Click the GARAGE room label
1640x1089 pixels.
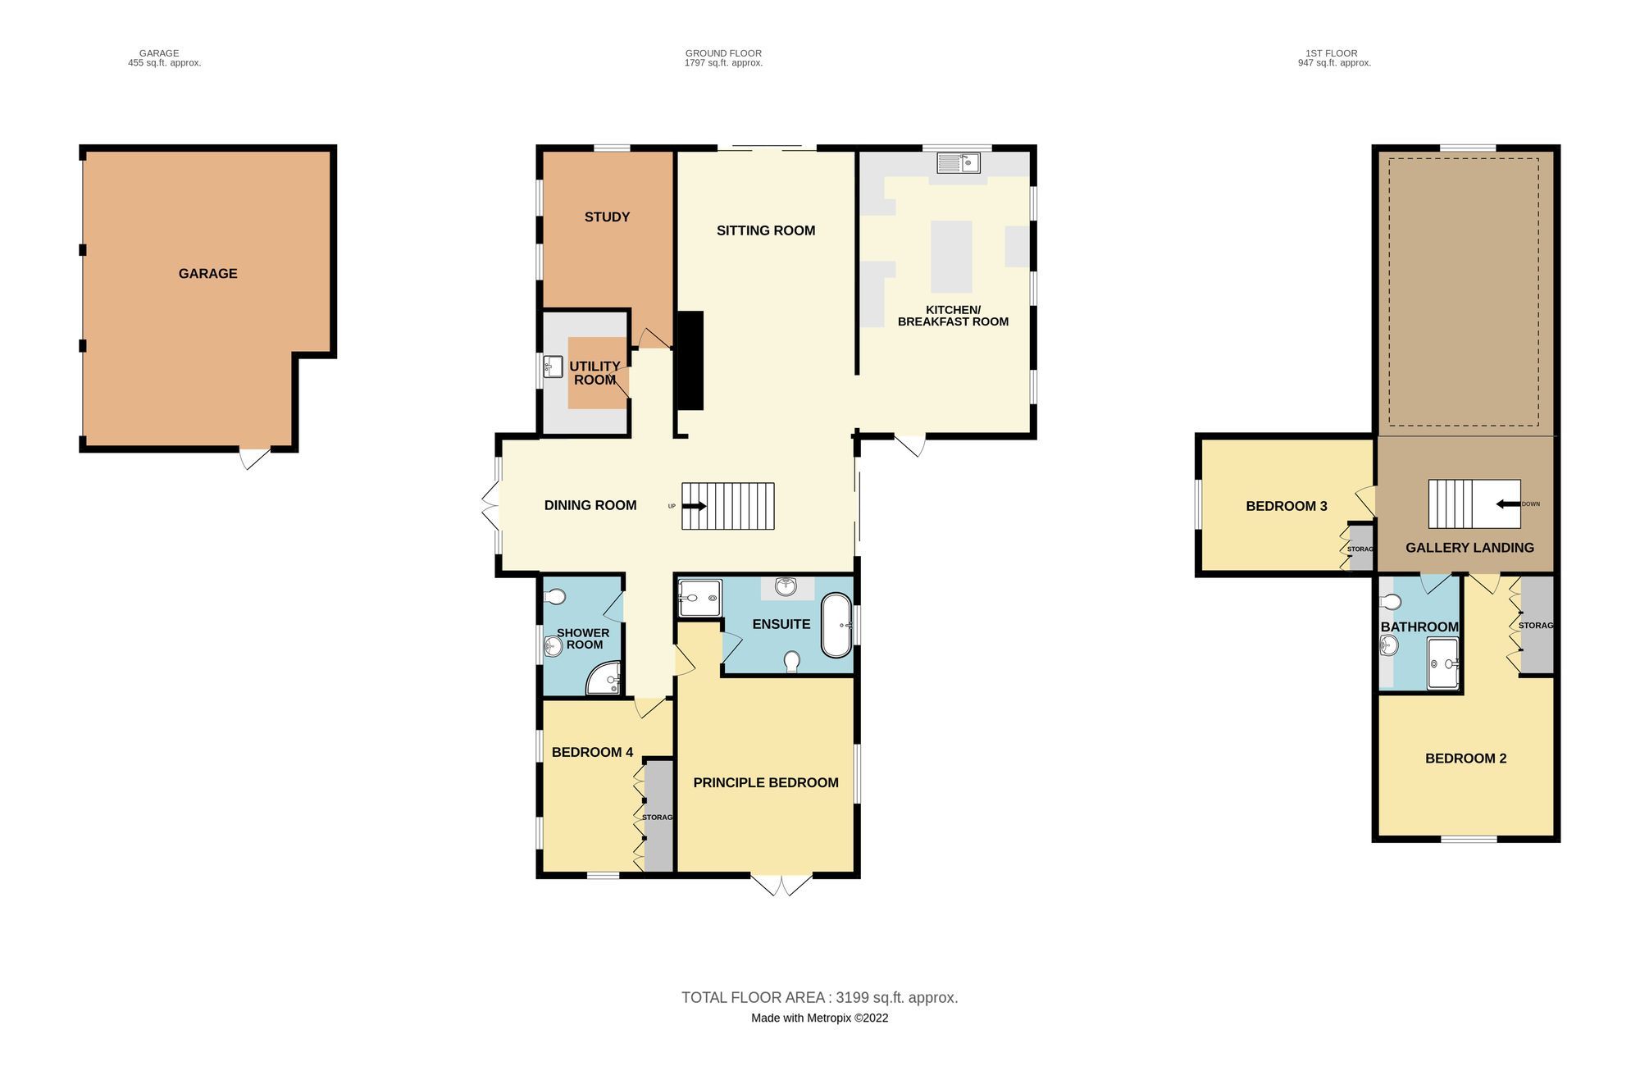[x=207, y=274]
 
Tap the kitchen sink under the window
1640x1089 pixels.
[x=959, y=163]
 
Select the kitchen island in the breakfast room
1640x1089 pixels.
[x=951, y=257]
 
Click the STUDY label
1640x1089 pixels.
[x=607, y=217]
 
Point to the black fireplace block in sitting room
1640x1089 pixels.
[x=690, y=361]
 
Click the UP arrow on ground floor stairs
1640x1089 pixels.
[x=694, y=507]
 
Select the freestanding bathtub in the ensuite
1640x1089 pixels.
[x=836, y=625]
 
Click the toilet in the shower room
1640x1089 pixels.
[x=555, y=596]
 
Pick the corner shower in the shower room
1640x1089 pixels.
[x=605, y=680]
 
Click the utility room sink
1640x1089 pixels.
[x=553, y=367]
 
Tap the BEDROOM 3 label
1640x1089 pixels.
[x=1286, y=507]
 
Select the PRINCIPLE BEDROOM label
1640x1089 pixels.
[x=765, y=783]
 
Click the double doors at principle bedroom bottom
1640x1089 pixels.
[x=781, y=884]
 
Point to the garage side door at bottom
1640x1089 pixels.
[x=254, y=458]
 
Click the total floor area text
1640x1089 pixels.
[x=819, y=998]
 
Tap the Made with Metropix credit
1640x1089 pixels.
[x=819, y=1018]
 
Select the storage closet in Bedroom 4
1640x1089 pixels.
[x=658, y=817]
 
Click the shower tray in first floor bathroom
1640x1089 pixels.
[x=1442, y=663]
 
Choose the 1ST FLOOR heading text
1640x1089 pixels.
[x=1332, y=53]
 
